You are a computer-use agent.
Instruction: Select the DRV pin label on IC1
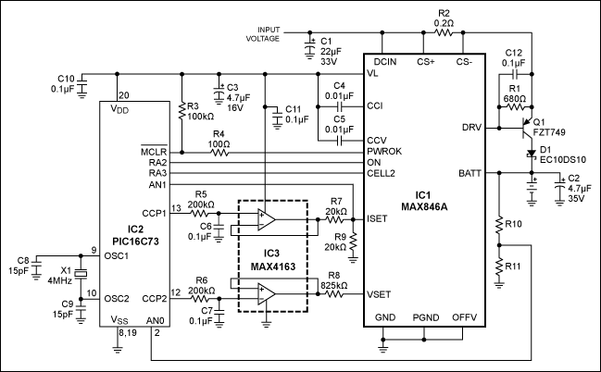[x=470, y=127]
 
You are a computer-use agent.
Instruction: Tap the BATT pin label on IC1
[x=468, y=172]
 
